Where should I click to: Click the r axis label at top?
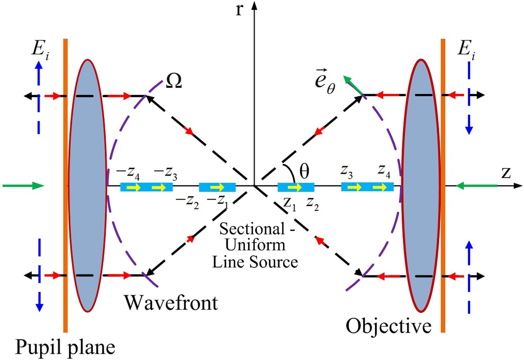239,9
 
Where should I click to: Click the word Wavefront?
171,302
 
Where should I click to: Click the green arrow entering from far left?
23,185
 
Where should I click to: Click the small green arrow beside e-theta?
352,85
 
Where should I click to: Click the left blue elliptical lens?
87,185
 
